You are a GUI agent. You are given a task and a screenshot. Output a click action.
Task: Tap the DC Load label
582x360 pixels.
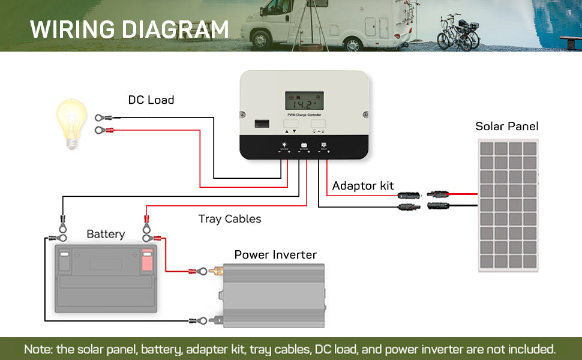[x=151, y=100]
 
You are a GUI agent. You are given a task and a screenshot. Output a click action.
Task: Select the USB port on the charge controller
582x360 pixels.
[x=262, y=124]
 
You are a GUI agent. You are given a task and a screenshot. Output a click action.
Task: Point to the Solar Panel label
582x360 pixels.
[x=507, y=127]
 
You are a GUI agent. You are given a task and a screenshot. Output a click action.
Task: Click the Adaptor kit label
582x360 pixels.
[x=363, y=186]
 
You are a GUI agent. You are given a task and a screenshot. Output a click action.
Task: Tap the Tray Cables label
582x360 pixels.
[x=230, y=219]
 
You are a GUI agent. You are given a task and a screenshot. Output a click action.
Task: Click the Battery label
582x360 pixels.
[x=106, y=234]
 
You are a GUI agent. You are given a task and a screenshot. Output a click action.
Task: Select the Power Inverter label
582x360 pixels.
[x=275, y=255]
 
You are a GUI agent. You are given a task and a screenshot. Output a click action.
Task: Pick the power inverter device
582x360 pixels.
[x=274, y=295]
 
